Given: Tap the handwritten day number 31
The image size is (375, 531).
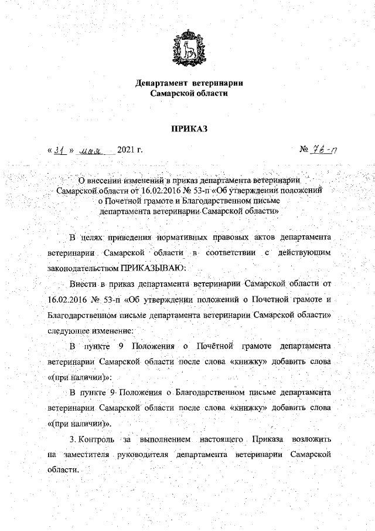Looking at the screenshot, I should pos(59,150).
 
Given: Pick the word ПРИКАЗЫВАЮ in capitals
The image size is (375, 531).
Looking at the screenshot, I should pos(154,268).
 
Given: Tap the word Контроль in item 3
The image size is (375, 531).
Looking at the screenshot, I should pos(93,438).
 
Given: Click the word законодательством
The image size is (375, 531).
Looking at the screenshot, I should pos(83,268).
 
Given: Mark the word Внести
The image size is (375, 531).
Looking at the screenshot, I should pos(83,283).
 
